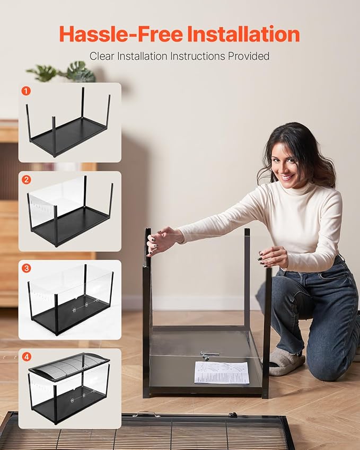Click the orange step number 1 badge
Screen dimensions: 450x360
pos(26,91)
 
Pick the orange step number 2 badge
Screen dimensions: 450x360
pos(26,179)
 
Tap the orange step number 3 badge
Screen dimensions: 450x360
pos(26,268)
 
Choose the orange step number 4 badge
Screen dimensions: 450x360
pos(26,357)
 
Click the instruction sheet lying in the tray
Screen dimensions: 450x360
pos(222,372)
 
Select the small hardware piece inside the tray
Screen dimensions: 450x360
pos(209,354)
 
